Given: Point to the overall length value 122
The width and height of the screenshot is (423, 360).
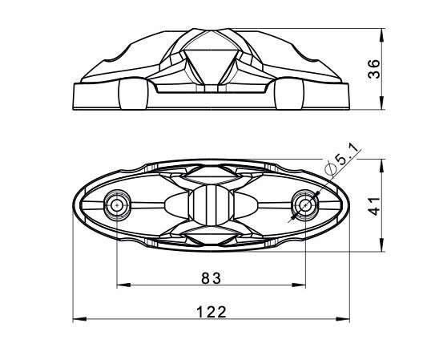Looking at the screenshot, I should [x=211, y=311].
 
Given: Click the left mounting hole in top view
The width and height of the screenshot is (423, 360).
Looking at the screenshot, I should [x=118, y=204].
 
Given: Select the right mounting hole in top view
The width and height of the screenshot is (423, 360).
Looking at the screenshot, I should [x=306, y=204].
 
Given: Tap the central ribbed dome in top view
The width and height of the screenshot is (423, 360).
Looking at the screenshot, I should [x=211, y=205].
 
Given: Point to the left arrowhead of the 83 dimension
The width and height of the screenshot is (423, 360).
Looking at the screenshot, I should [x=121, y=285].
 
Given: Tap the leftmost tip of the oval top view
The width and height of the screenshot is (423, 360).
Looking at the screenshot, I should [x=73, y=205].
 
